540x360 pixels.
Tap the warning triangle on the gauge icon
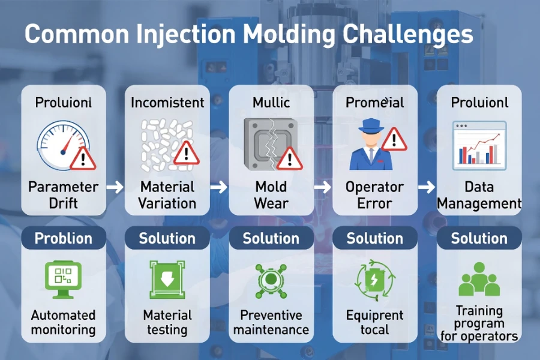[x=82, y=158]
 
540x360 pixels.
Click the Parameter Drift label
[x=63, y=194]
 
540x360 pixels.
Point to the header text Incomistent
[x=167, y=103]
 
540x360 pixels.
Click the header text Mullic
[x=271, y=103]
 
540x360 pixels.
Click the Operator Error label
[x=374, y=194]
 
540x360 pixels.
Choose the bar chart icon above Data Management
[x=479, y=144]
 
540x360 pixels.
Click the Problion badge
[x=63, y=238]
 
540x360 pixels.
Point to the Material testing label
[x=167, y=322]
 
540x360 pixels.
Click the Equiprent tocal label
[x=374, y=322]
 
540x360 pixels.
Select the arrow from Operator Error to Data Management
[x=426, y=187]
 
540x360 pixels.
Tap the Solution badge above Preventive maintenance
[x=271, y=238]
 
